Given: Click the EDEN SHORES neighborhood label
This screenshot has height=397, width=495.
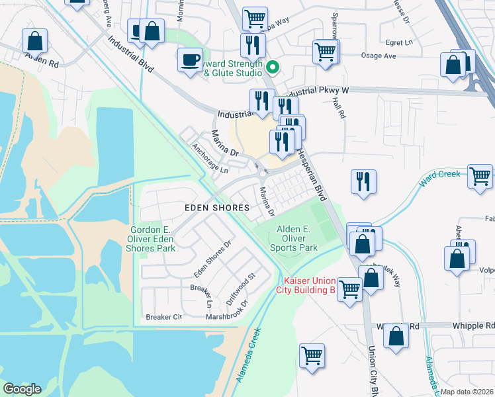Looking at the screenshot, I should tap(216, 208).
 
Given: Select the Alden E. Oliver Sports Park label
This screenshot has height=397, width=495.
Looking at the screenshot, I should tap(294, 238).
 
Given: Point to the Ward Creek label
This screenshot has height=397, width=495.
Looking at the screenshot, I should tap(439, 175).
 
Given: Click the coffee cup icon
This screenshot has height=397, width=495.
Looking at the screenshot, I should tap(190, 60).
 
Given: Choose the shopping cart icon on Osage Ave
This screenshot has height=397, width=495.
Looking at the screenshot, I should tap(325, 51).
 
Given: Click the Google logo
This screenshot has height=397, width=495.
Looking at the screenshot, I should tap(21, 389).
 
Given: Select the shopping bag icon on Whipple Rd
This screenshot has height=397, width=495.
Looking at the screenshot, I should tap(396, 336).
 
